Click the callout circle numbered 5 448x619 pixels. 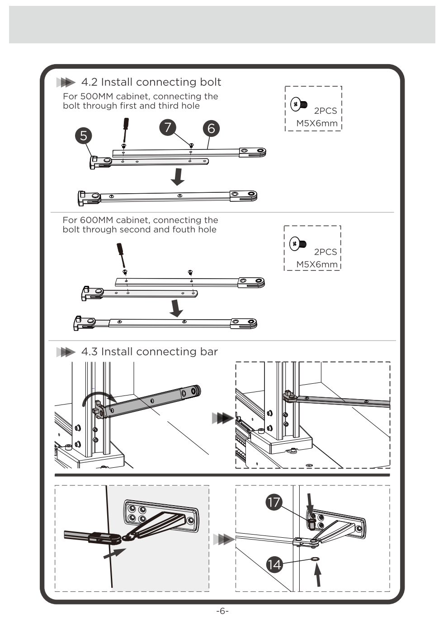point(84,135)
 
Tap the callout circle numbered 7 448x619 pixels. point(168,127)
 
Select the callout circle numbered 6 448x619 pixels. point(211,129)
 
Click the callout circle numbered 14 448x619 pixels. point(274,564)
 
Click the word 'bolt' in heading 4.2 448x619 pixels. point(210,82)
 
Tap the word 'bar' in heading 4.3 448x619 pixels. point(209,352)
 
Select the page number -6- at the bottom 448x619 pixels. point(222,611)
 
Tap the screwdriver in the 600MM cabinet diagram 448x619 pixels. point(121,254)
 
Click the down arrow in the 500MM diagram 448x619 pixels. point(178,177)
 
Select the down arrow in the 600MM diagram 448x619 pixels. point(176,307)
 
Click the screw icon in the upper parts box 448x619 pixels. point(298,104)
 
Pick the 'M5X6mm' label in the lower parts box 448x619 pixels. point(317,265)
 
